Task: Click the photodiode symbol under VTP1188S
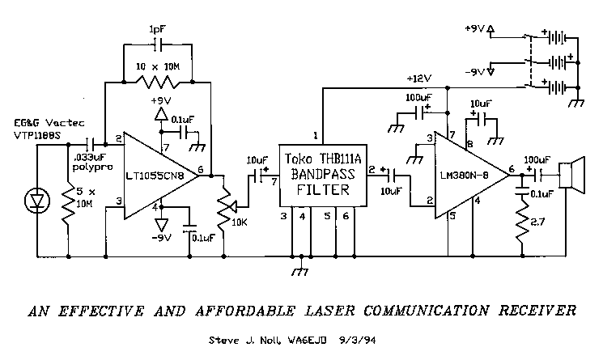[34, 197]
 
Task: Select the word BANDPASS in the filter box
[322, 176]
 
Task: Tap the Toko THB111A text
[322, 160]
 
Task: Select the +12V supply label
[421, 78]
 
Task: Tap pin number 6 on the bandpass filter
[346, 216]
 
